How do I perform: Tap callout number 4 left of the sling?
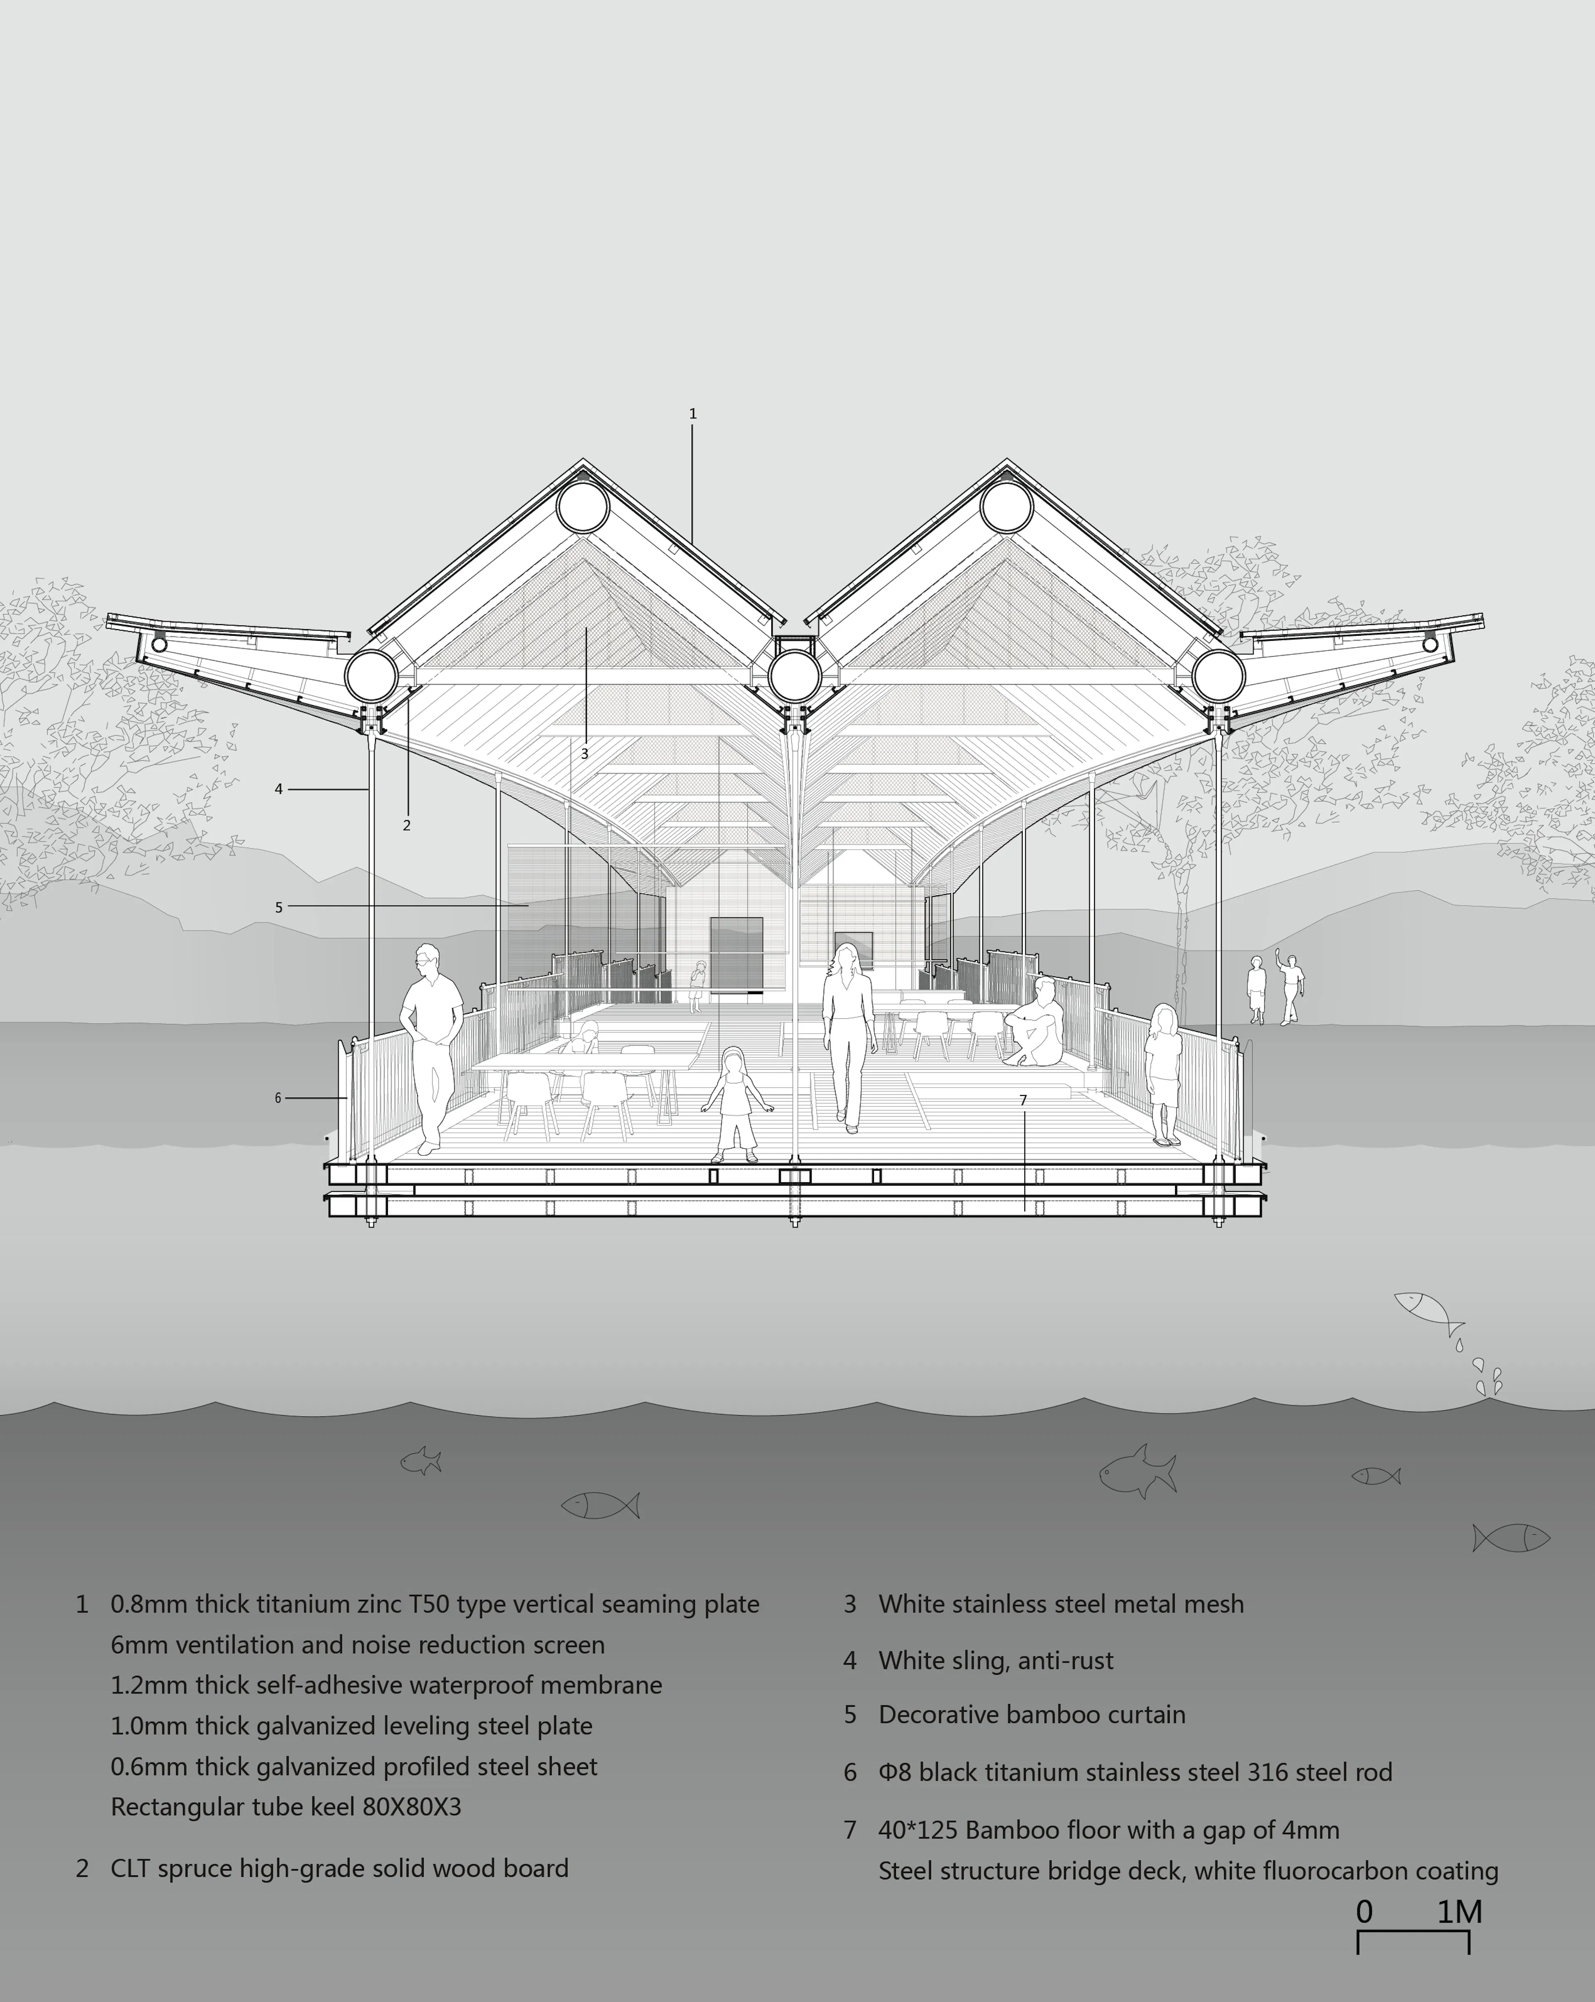[x=278, y=789]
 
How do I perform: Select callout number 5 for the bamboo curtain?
[x=278, y=907]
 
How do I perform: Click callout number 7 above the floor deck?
[x=1023, y=1100]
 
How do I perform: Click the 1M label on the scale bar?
[x=1459, y=1912]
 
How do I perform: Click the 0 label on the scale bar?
[x=1364, y=1912]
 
